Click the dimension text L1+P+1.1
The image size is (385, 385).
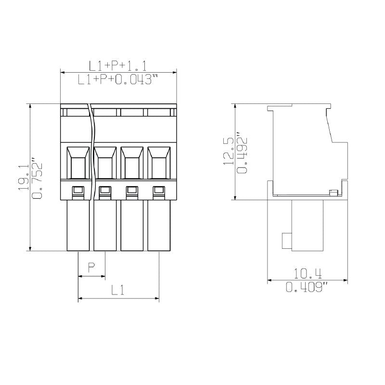click(x=118, y=66)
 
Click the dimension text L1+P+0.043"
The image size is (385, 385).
click(x=118, y=80)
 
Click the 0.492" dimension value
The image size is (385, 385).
click(x=243, y=152)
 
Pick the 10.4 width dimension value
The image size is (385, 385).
click(x=308, y=274)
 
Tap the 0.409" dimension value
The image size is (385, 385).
click(x=308, y=288)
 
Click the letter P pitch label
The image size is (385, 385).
click(x=91, y=267)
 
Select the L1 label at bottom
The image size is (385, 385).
click(x=118, y=290)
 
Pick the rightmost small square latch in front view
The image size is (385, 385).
click(x=158, y=192)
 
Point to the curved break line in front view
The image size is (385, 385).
click(x=92, y=144)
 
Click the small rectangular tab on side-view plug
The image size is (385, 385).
click(x=286, y=240)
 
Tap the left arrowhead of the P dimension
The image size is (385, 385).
click(x=80, y=277)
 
